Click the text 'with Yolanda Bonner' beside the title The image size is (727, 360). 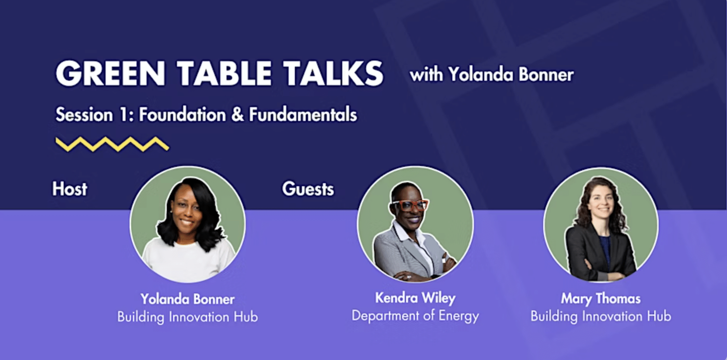coord(492,74)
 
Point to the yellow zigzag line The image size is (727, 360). coord(112,144)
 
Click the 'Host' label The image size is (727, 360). coord(70,189)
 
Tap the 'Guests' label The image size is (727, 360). coord(308,189)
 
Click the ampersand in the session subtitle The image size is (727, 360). coord(237,114)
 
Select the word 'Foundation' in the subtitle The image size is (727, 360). coord(182,114)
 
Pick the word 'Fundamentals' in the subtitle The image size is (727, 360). coord(303,114)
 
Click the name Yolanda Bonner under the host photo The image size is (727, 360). coord(188,299)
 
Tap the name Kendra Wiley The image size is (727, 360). coord(415,298)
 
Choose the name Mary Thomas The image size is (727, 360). coord(601,299)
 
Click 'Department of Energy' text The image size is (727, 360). coord(415,316)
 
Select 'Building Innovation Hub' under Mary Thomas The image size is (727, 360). coord(601,316)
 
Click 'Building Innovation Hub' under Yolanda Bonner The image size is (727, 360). coord(188,317)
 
